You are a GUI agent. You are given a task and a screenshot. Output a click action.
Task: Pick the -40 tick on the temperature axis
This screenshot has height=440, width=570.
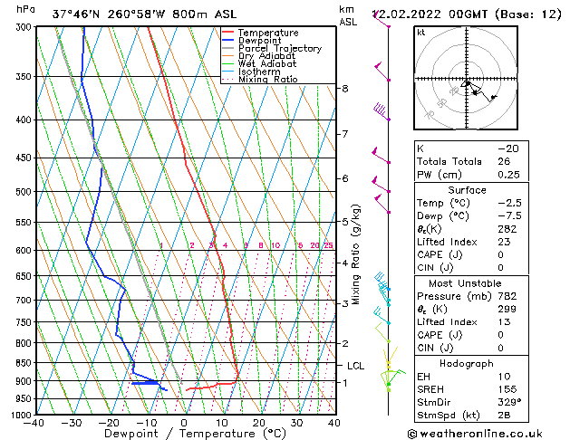click(x=34, y=422)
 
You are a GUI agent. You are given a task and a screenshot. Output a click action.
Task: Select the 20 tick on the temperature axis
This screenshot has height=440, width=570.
click(x=259, y=422)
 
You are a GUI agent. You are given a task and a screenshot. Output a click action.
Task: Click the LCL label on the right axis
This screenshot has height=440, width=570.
click(x=356, y=366)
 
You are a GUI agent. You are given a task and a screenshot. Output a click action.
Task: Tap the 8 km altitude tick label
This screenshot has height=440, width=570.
click(x=345, y=88)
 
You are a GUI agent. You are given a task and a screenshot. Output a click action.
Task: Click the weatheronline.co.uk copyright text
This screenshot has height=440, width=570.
click(x=488, y=433)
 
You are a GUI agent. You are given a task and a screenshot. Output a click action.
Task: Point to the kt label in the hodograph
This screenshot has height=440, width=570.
click(x=421, y=32)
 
